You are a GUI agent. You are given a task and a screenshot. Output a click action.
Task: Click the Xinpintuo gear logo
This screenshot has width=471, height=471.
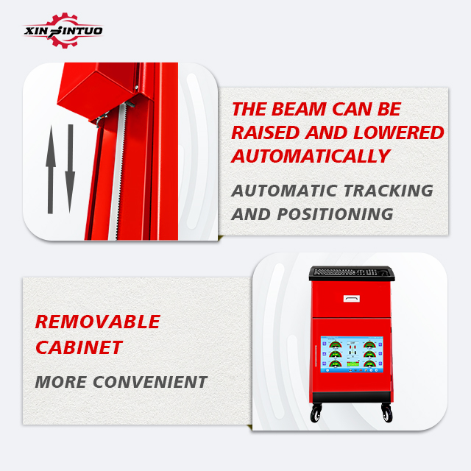pos(63,30)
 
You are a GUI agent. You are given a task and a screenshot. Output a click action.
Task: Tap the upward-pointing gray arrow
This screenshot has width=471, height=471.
pos(51,169)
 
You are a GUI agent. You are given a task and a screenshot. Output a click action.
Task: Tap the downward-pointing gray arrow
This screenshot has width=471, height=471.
pos(70,169)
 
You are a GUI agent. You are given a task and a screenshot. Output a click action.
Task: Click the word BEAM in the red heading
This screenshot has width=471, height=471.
pos(299,109)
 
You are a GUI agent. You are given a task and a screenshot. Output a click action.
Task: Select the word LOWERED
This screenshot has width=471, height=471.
pos(398,132)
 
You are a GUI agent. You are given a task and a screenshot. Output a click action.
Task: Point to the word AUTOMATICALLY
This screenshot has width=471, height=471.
pos(311,156)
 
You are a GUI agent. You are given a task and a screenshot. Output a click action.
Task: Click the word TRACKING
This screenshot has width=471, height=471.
pos(388,191)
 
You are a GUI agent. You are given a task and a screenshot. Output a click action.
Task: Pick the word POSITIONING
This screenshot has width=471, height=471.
pos(335,214)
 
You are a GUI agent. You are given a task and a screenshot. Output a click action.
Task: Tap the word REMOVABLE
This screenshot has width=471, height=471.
pos(98,322)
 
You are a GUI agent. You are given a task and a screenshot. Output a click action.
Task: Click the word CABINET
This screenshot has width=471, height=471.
pos(79,347)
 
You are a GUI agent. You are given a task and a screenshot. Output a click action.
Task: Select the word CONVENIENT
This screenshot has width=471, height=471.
pos(150,382)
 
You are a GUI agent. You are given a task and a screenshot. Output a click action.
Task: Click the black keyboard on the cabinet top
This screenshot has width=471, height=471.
pos(352,273)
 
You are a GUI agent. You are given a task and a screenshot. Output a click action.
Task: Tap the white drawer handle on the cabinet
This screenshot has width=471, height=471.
pos(352,298)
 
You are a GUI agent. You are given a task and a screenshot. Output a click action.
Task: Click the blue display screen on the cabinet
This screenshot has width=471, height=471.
pos(352,355)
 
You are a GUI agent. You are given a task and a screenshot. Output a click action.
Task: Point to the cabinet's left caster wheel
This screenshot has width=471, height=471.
pos(316,414)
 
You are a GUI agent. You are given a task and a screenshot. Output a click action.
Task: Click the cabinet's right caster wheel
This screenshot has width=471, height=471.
pos(387,414)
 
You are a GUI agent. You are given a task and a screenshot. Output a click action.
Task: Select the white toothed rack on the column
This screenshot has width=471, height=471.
pos(118,171)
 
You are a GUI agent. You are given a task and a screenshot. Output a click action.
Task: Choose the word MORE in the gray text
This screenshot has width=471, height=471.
pos(61,382)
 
